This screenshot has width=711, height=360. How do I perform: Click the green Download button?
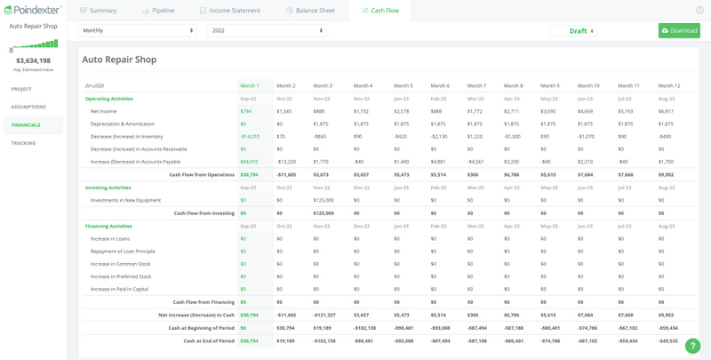coord(679,30)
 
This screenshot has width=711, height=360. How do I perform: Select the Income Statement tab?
coord(230,11)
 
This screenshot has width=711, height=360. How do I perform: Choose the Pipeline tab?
coord(158,11)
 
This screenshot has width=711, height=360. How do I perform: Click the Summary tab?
coord(98,11)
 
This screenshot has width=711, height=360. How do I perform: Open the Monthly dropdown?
coord(138,30)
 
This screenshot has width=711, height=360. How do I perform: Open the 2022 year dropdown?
coord(267,30)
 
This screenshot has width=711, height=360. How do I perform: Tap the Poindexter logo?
coord(32,10)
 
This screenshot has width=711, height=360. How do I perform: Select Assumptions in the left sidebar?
coord(28,107)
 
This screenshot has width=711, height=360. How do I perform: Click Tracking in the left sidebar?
coord(23,142)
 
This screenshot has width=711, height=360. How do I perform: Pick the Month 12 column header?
coord(668,85)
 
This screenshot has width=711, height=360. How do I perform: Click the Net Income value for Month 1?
coord(246,111)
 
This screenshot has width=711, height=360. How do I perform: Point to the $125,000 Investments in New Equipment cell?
coord(323,200)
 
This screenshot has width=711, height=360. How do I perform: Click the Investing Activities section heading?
coord(108,188)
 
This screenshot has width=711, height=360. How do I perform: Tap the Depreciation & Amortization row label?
coord(123,124)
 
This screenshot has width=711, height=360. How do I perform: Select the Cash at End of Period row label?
coord(209,340)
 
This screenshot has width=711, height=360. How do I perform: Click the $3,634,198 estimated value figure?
coord(33,60)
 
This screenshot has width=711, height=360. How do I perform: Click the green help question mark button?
coord(692,346)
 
